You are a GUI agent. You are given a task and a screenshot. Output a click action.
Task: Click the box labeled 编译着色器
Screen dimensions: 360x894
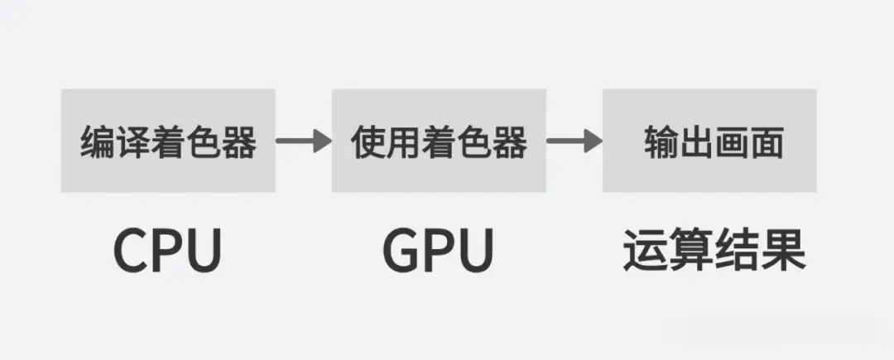(168, 141)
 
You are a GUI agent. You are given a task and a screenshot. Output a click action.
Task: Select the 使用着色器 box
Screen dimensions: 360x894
(439, 141)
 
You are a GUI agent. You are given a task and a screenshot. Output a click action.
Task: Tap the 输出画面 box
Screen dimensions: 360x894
(709, 141)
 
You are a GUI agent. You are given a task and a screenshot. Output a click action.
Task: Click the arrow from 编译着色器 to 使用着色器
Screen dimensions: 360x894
(303, 142)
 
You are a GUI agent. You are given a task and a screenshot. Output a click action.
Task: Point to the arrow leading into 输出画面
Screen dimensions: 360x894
(574, 142)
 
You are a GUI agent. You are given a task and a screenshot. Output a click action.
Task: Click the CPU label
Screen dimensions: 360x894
(168, 249)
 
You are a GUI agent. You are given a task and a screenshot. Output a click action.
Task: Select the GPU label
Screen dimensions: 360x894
(439, 249)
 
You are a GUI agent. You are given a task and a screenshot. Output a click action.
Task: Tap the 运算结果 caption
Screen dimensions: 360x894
(714, 249)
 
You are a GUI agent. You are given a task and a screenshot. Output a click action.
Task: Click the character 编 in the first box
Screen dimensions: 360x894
(97, 143)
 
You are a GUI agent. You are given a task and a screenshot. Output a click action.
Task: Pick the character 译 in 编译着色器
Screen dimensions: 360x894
(132, 143)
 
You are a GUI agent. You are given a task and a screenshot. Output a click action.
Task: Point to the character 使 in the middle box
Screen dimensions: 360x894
(368, 143)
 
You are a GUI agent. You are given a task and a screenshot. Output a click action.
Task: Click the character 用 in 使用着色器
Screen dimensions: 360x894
(403, 143)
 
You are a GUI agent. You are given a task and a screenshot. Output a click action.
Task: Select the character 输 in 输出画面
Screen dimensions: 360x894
(657, 143)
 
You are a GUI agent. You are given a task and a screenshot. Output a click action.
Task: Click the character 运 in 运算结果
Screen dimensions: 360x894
(645, 249)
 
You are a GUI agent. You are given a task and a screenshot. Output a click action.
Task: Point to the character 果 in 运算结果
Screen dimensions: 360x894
(783, 249)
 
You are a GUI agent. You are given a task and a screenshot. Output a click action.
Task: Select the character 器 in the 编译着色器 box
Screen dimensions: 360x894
(239, 143)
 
